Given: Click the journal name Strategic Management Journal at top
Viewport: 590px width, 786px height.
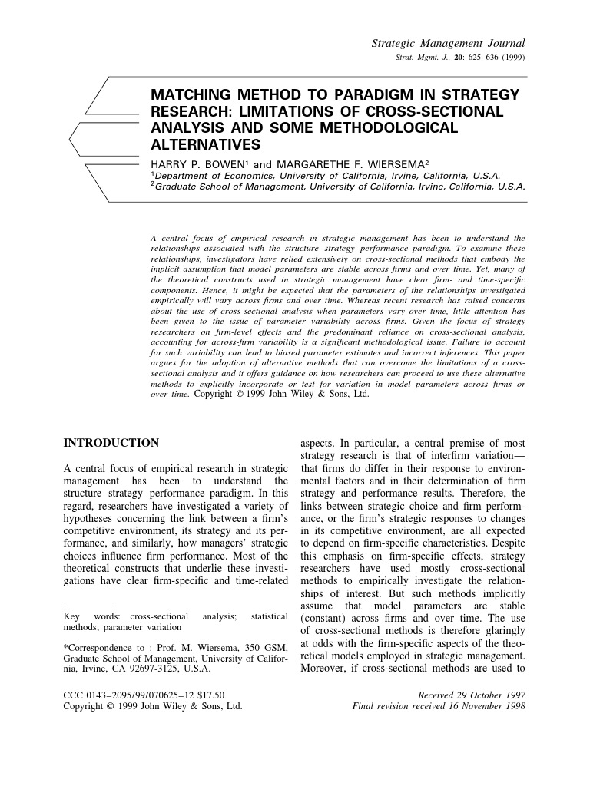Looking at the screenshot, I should (448, 43).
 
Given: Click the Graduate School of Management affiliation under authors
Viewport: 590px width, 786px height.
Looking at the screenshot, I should (338, 186).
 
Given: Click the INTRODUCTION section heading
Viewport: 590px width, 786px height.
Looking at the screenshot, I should (111, 443).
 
